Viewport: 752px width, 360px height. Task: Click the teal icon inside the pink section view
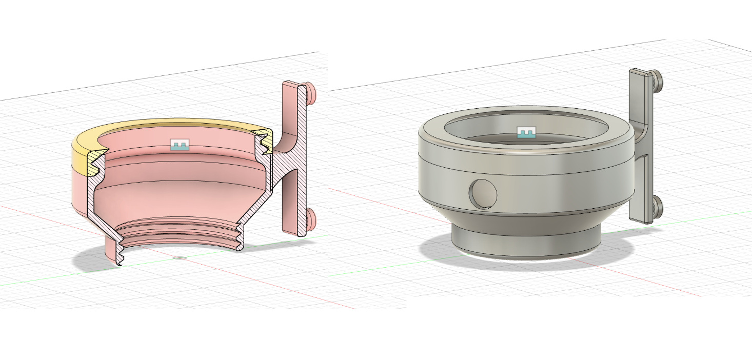click(180, 145)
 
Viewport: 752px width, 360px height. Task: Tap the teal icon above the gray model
click(526, 132)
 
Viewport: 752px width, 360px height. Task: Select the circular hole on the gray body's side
click(484, 193)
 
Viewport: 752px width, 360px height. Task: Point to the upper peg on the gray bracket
click(658, 79)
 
